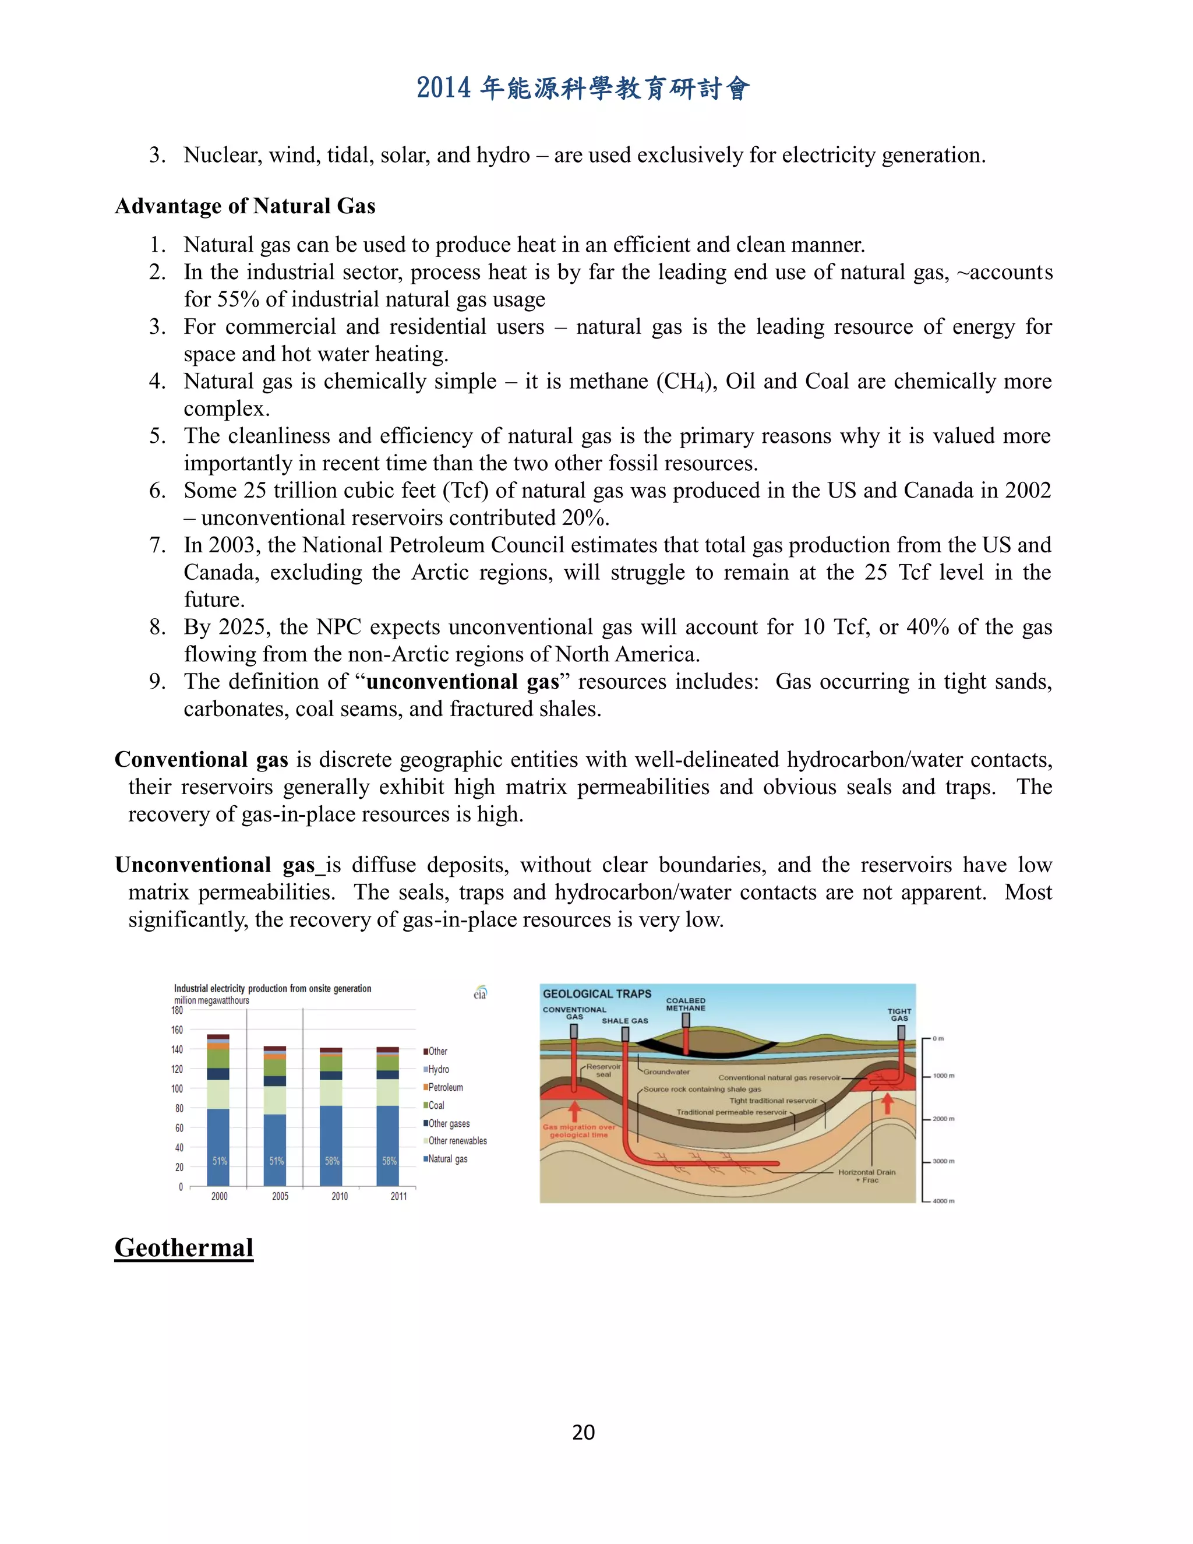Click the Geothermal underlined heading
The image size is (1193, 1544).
click(x=183, y=1248)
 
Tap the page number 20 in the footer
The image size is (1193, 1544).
click(x=583, y=1432)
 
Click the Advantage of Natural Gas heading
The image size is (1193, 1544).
click(x=245, y=206)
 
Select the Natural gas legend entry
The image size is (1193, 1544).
click(x=447, y=1159)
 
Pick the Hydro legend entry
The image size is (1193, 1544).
click(x=437, y=1069)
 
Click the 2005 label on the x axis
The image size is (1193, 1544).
click(x=280, y=1196)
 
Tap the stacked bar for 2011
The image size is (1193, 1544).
click(x=387, y=1117)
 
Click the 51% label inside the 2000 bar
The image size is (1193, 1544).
click(x=220, y=1161)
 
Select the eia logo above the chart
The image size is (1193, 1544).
click(x=481, y=993)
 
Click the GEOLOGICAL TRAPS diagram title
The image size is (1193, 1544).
click(x=596, y=993)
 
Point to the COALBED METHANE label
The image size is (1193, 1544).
click(x=686, y=1004)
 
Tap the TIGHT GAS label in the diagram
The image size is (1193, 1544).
click(x=899, y=1014)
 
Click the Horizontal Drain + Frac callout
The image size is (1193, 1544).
click(x=866, y=1176)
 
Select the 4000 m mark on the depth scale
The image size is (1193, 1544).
click(x=943, y=1200)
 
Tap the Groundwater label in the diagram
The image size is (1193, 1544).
click(x=666, y=1071)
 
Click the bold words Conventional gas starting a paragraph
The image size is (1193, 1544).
click(x=202, y=759)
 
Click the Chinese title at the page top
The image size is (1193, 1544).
click(x=583, y=89)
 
